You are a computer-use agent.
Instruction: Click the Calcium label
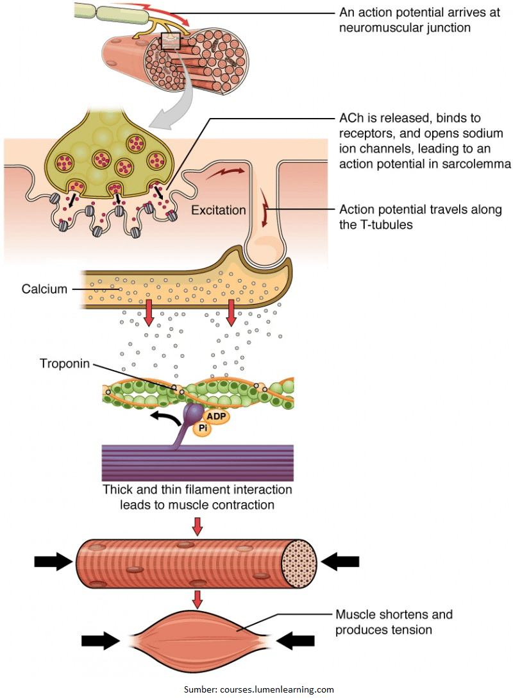pos(45,289)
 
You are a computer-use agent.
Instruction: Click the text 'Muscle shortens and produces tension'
pos(394,622)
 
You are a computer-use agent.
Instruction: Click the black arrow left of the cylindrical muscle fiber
pos(53,562)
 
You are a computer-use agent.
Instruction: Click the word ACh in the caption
pos(350,119)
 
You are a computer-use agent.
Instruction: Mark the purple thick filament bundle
pos(198,462)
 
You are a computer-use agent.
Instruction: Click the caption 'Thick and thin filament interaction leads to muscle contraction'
pos(198,497)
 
